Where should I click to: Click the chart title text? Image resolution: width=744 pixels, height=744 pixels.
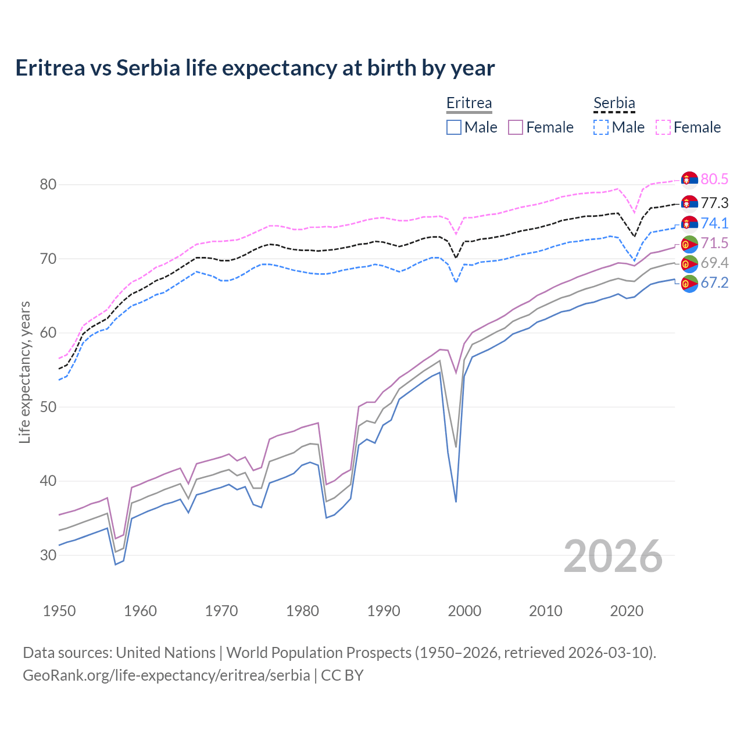[x=255, y=68]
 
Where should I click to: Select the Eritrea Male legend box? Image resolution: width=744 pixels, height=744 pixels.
[x=454, y=127]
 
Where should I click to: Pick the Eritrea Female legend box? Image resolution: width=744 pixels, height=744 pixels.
[x=516, y=127]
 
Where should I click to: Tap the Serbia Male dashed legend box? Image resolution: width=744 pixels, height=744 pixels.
[x=601, y=127]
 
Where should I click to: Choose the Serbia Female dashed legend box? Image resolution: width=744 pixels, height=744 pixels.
[x=663, y=127]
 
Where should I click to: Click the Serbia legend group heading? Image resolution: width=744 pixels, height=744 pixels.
[x=614, y=103]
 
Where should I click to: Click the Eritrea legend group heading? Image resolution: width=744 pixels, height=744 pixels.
[x=469, y=103]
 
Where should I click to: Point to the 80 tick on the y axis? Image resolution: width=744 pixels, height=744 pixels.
[x=48, y=185]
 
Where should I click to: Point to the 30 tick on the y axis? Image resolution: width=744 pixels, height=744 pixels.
[x=48, y=555]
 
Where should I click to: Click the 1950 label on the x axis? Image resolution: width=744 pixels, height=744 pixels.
[x=59, y=611]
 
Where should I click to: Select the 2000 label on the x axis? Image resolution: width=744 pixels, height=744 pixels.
[x=464, y=611]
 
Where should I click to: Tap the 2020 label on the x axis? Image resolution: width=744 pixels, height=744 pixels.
[x=627, y=611]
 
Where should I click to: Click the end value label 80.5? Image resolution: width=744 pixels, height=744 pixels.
[x=714, y=180]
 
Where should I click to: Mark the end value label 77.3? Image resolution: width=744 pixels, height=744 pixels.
[x=714, y=203]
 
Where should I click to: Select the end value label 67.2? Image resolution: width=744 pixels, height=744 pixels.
[x=714, y=283]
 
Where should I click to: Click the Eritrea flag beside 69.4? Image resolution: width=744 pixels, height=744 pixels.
[x=689, y=263]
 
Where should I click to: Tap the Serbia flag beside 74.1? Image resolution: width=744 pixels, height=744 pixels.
[x=689, y=224]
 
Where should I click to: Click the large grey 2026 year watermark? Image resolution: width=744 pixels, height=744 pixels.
[x=613, y=556]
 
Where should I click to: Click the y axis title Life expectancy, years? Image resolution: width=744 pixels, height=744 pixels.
[x=25, y=372]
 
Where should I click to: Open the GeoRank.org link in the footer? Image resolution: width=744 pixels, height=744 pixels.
[x=166, y=675]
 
